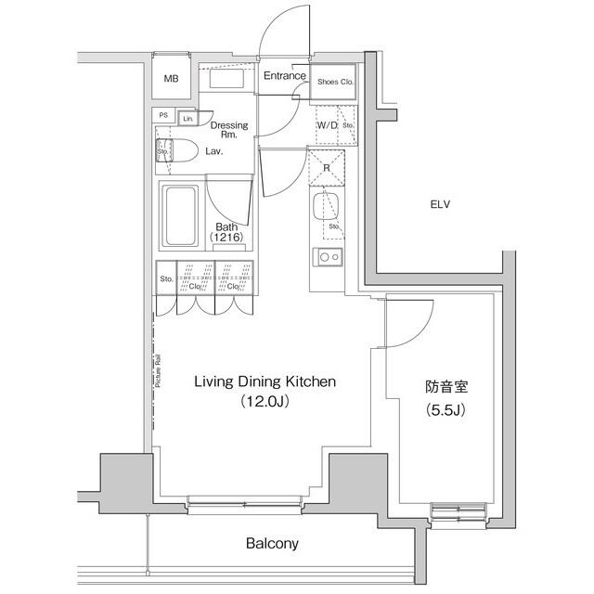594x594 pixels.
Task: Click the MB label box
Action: pos(171,79)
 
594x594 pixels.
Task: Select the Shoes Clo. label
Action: pos(334,82)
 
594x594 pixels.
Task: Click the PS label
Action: pos(164,116)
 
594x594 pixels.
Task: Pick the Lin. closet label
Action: pos(187,118)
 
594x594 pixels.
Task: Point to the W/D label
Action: pos(327,124)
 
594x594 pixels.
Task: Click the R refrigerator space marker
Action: pos(326,167)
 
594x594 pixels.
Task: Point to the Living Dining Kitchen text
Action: pos(264,381)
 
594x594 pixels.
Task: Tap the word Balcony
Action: pos(272,543)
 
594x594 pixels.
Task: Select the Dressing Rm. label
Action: pos(228,130)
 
